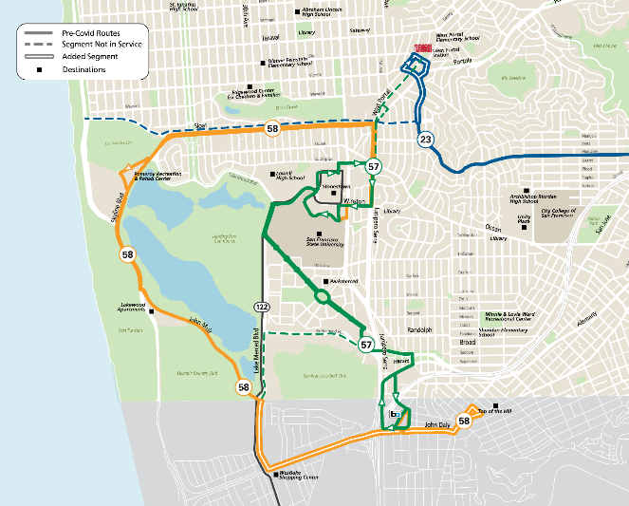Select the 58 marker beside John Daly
coord(464,420)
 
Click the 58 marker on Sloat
coord(272,129)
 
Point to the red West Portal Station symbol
coord(421,49)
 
